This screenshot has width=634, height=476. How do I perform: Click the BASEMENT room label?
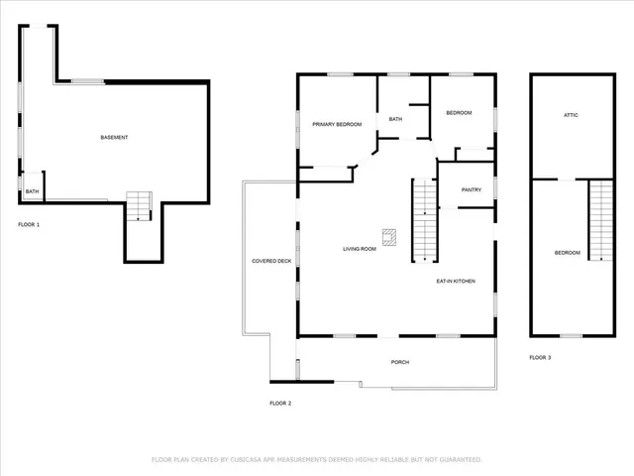pos(114,137)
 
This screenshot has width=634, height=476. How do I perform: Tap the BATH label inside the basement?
pos(32,191)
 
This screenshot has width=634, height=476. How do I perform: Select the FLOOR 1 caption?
pos(29,225)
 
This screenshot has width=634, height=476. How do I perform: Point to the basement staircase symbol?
pos(138,205)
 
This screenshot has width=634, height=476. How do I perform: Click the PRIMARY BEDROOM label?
pos(337,124)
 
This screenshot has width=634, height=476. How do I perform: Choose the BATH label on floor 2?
pos(395,120)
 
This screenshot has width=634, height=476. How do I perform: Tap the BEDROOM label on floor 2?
pos(459,113)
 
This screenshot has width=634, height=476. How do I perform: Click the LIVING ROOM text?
pos(360,249)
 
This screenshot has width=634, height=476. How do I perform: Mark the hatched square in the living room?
pos(391,236)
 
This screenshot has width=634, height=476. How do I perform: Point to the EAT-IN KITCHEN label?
pos(456,282)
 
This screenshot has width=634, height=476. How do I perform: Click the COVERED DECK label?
pos(271,261)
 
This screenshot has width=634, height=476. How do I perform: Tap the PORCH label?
pos(400,362)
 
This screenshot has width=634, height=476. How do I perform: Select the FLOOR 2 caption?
pos(280,404)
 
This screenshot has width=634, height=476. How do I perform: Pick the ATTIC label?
pos(571,115)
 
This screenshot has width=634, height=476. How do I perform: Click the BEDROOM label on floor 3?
pos(567,253)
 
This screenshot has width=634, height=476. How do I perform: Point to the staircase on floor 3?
pos(601,220)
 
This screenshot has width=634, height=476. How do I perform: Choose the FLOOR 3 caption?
pos(540,357)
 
